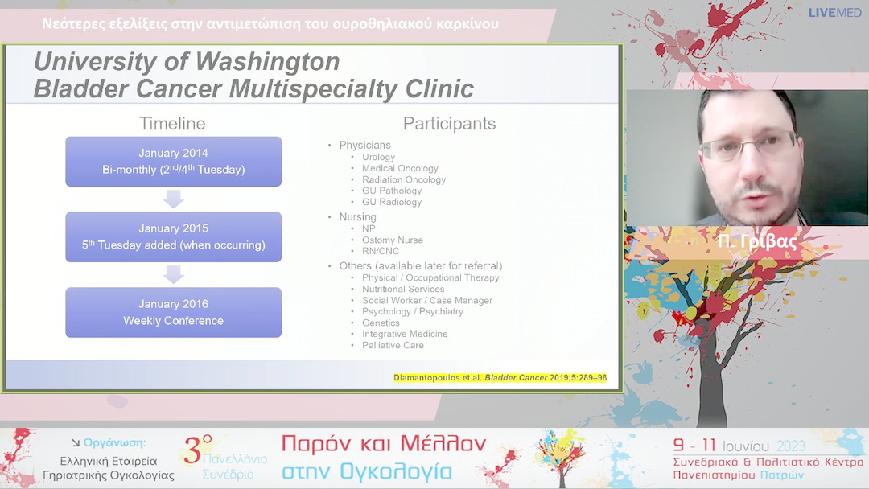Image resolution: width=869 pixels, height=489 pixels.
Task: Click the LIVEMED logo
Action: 834,13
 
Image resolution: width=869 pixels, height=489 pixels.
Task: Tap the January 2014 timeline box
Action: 174,161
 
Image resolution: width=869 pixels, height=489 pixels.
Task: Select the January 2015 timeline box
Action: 174,236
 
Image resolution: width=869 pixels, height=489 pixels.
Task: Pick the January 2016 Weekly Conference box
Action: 174,312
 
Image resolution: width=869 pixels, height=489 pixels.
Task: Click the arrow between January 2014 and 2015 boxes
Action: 174,199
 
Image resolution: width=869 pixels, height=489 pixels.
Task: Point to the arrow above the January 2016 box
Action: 174,275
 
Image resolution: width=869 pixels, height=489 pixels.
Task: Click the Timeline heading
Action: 172,124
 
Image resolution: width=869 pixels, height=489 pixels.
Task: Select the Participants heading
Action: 450,124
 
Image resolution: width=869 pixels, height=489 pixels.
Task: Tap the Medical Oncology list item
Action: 400,168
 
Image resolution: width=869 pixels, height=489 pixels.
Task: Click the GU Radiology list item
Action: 392,202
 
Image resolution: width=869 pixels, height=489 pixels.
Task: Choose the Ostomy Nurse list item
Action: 393,240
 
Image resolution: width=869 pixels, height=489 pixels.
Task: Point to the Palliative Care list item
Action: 393,345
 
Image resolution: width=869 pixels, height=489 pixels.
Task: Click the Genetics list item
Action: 381,323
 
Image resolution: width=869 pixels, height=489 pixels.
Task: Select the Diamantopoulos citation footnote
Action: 500,378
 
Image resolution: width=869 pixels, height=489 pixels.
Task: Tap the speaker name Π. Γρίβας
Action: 757,241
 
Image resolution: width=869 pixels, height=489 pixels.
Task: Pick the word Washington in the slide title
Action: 268,61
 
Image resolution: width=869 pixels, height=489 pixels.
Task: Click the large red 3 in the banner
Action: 192,450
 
